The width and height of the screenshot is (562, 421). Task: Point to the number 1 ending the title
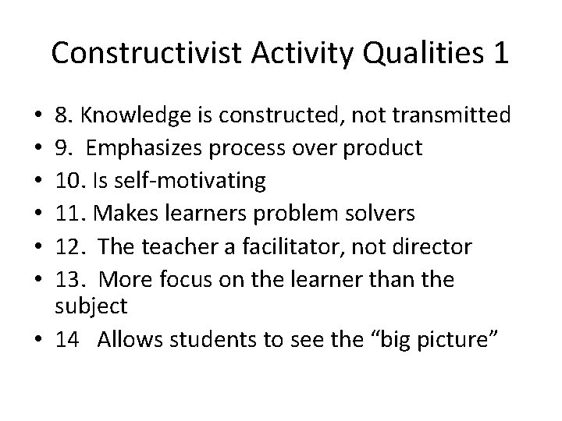[500, 55]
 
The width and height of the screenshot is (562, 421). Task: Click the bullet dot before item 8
[37, 117]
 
